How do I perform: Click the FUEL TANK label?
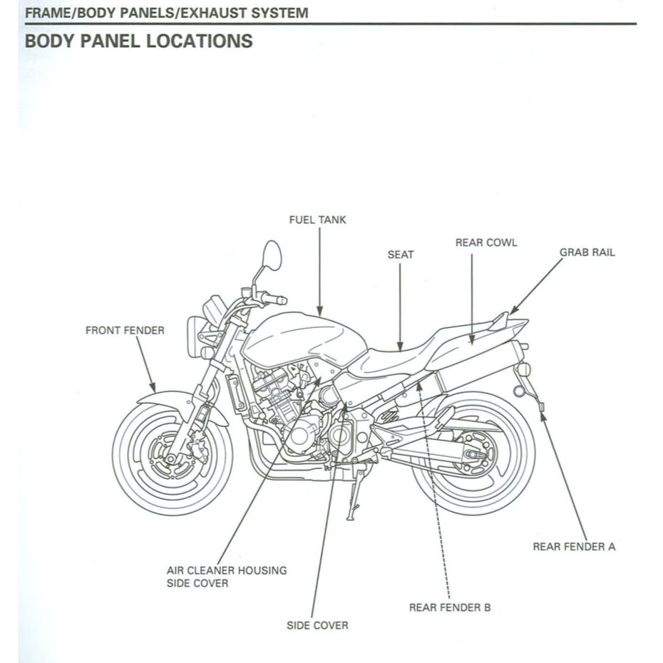click(317, 220)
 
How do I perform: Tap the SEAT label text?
click(400, 254)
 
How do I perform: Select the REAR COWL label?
click(486, 242)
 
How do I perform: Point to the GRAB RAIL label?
click(587, 252)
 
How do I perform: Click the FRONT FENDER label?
click(125, 330)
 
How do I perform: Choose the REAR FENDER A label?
click(574, 547)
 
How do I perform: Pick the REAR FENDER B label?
click(449, 607)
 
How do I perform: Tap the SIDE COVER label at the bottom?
click(317, 625)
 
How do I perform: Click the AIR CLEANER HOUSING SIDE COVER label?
click(227, 576)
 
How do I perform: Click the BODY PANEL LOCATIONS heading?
click(138, 41)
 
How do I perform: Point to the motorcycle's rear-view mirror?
click(272, 255)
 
